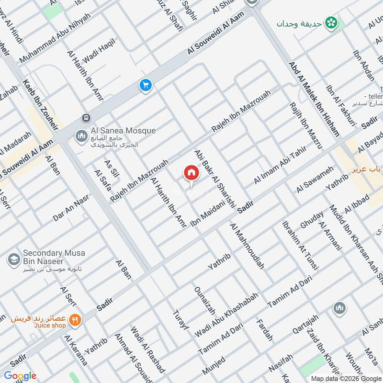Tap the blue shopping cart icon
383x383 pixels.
pyautogui.click(x=145, y=86)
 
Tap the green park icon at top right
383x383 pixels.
pyautogui.click(x=330, y=22)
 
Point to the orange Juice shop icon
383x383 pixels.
pyautogui.click(x=74, y=319)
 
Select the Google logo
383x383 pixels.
pyautogui.click(x=20, y=376)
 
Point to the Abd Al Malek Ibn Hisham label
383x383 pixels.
pyautogui.click(x=314, y=98)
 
